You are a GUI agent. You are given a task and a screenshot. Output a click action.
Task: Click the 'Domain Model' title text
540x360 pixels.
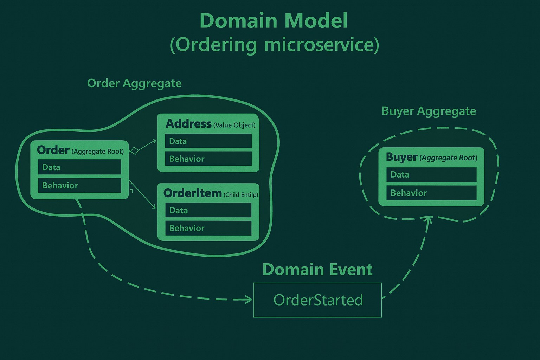274,21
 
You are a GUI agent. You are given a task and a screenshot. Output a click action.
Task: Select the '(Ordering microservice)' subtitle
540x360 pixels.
274,45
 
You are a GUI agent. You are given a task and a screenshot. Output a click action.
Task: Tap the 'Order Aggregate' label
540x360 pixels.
134,83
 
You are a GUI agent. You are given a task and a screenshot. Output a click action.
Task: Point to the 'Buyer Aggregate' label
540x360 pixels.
429,111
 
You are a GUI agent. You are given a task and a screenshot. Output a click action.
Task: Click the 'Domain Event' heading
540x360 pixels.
317,270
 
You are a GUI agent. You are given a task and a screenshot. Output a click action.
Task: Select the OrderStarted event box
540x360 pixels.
318,300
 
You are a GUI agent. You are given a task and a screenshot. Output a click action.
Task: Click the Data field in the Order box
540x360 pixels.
79,167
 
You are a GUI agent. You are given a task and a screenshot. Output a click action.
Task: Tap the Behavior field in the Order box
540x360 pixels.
79,185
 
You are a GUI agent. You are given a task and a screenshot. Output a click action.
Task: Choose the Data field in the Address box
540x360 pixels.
208,141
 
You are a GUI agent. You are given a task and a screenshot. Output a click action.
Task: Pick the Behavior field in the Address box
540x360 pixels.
208,159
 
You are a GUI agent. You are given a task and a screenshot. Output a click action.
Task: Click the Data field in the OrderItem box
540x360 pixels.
208,211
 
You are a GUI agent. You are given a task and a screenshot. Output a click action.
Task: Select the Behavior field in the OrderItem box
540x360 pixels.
208,228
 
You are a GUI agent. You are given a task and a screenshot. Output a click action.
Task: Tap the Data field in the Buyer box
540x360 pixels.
431,175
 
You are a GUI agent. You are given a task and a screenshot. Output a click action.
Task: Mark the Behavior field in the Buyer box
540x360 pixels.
431,193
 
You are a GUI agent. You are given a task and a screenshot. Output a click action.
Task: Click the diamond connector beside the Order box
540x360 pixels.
134,151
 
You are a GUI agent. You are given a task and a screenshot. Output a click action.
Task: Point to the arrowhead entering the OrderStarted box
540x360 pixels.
249,300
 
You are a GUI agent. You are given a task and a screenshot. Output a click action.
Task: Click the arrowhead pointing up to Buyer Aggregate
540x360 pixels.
429,219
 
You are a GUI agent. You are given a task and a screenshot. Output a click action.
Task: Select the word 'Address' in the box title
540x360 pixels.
189,124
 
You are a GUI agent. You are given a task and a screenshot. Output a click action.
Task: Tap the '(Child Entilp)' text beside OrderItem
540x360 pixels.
241,195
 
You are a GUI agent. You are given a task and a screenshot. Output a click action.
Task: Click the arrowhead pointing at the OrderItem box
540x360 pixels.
154,207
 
